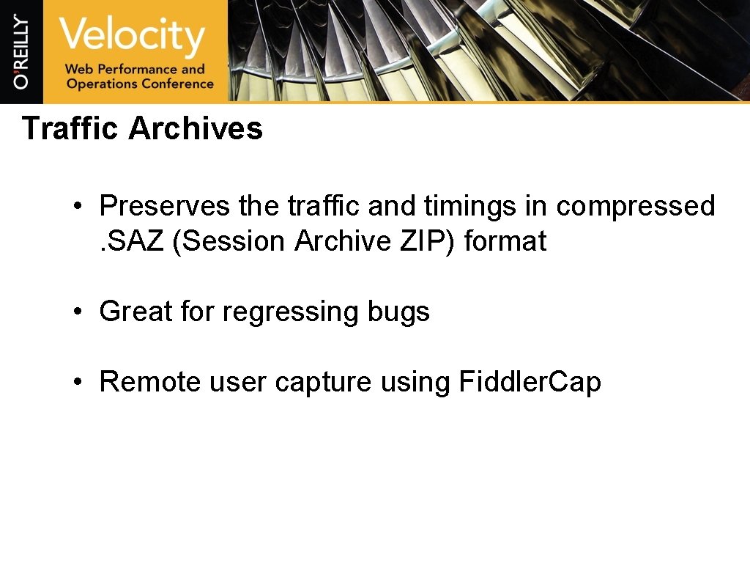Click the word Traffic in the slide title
70,128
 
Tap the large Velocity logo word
132,37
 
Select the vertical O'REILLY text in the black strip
21,51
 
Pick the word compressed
635,206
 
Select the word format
505,240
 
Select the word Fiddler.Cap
530,382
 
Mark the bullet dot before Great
77,312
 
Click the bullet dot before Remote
77,383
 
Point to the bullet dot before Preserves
77,207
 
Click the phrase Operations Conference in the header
139,84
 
